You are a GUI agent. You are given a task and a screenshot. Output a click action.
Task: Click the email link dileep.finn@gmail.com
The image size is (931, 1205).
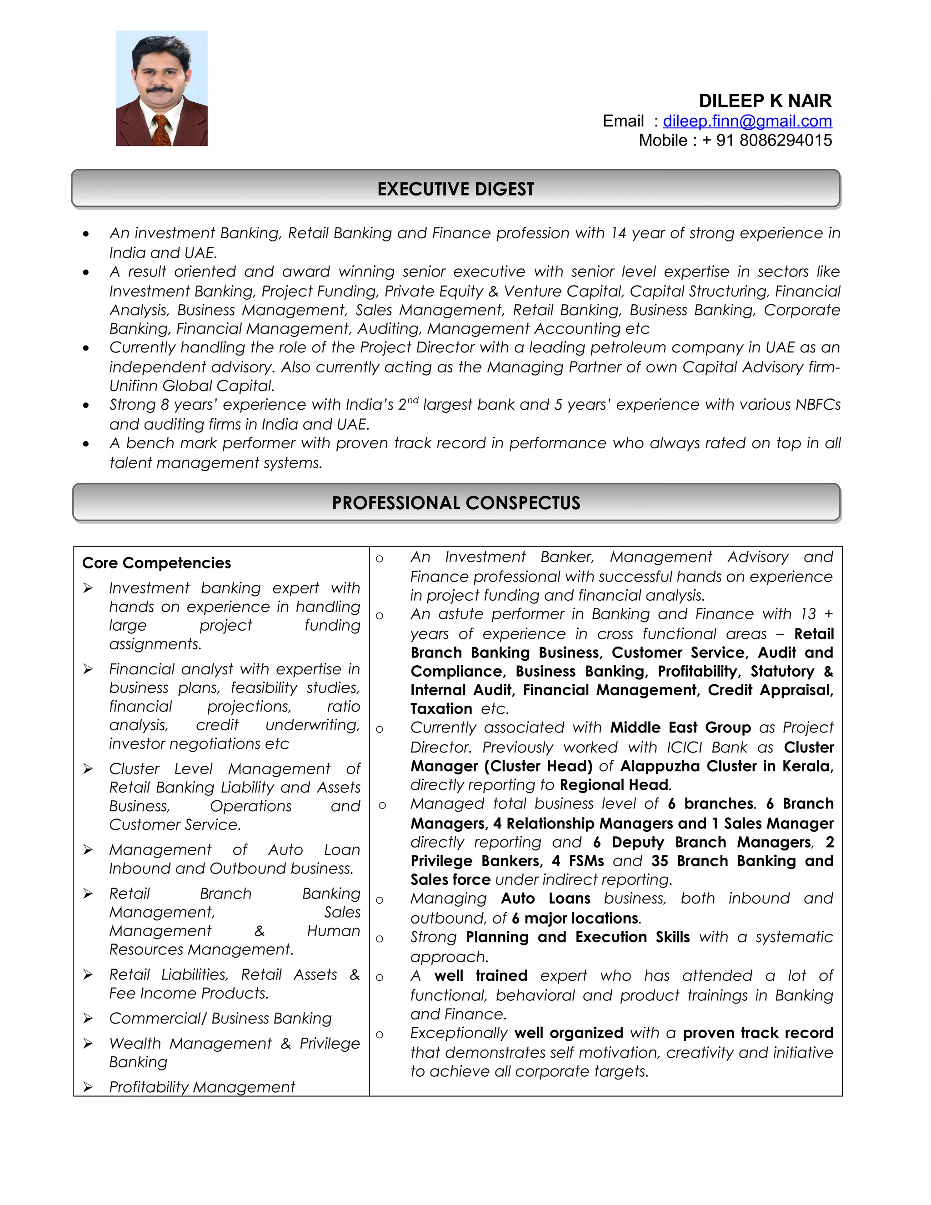(747, 121)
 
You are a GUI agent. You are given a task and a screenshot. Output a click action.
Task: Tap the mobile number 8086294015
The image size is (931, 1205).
(786, 141)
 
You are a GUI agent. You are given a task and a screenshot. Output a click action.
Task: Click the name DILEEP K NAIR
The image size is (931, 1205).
(765, 101)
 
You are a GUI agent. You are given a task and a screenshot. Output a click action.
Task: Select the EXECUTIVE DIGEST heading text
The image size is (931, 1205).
(455, 189)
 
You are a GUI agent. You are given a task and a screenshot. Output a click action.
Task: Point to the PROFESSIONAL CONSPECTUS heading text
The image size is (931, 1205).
(455, 503)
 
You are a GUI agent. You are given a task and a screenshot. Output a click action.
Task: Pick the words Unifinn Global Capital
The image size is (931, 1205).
(191, 386)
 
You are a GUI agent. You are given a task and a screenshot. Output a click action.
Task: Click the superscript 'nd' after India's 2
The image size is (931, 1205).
(413, 400)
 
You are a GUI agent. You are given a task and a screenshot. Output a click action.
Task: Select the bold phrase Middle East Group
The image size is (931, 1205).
(680, 728)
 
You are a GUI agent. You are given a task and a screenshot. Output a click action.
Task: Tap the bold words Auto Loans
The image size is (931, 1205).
(545, 899)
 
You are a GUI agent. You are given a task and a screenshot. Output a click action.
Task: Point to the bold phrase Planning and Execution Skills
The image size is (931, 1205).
(577, 938)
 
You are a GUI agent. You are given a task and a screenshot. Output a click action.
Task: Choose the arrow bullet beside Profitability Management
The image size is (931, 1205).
(88, 1087)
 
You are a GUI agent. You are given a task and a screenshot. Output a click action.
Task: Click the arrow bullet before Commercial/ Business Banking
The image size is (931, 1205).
(88, 1019)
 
